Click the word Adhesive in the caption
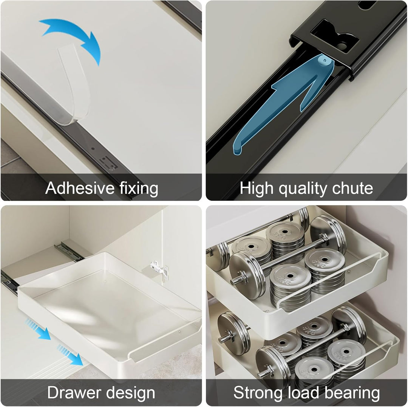tap(80, 188)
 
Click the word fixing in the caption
tap(139, 189)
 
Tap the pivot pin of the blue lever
tap(325, 60)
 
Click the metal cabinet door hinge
tap(159, 269)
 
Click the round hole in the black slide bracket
tap(342, 46)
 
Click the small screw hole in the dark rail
tap(93, 149)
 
